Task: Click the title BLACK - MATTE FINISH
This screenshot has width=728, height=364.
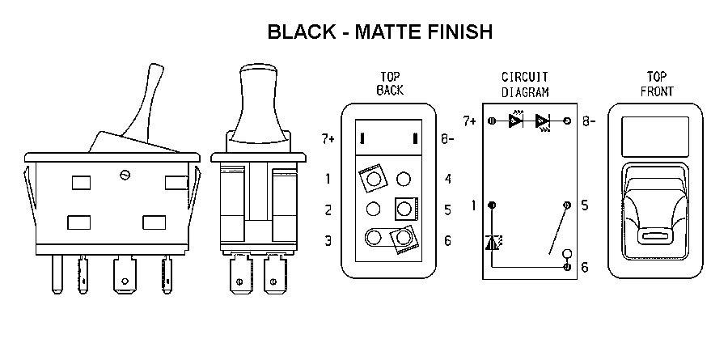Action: (380, 32)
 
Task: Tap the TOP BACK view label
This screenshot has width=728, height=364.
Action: (390, 83)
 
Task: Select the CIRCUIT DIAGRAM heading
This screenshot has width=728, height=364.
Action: (525, 84)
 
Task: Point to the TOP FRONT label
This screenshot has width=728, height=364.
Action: (657, 84)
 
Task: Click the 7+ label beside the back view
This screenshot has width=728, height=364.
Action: (328, 139)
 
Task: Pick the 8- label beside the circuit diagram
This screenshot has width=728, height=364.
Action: (589, 121)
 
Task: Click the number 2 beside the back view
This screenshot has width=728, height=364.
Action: (328, 210)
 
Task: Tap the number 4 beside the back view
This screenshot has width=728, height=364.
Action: (447, 179)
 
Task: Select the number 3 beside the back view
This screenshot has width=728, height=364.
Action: (328, 241)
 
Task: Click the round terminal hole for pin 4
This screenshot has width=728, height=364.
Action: (404, 179)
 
